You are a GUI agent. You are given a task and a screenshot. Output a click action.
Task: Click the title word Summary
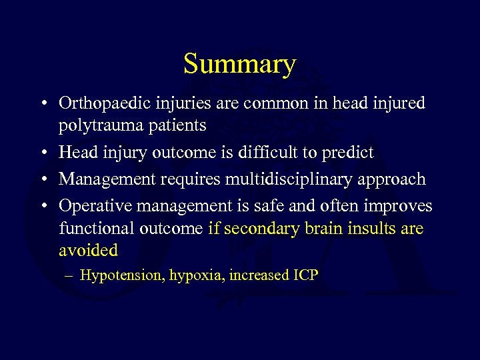pos(239,65)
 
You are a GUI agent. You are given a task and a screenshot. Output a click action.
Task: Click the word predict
pos(348,153)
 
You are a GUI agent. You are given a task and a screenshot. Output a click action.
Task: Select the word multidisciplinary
pos(281,179)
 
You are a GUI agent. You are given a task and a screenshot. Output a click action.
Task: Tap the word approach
pos(392,179)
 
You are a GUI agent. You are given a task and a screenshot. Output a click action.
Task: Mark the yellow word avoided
pos(88,250)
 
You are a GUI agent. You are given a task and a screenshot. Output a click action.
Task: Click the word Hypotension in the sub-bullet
pos(121,275)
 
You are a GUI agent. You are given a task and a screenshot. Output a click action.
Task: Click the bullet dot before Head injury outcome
pos(42,153)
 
